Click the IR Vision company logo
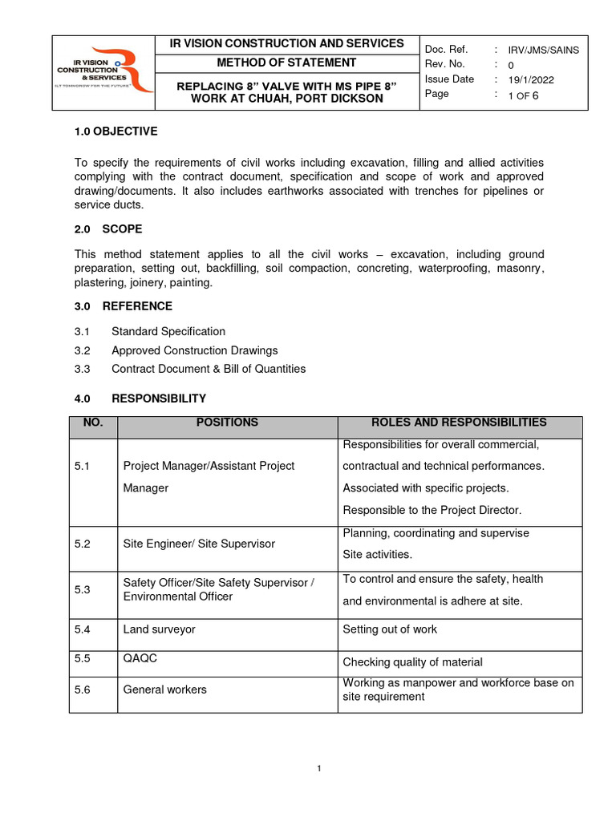pyautogui.click(x=103, y=71)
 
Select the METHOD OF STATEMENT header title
pyautogui.click(x=286, y=63)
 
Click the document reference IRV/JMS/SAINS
pyautogui.click(x=543, y=50)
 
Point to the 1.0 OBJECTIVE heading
pyautogui.click(x=115, y=131)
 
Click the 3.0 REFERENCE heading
pyautogui.click(x=123, y=306)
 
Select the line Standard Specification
pyautogui.click(x=168, y=331)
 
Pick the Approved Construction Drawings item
pyautogui.click(x=195, y=350)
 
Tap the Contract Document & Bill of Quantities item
pyautogui.click(x=209, y=369)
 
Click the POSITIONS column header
pyautogui.click(x=227, y=423)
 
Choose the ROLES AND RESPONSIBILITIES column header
pyautogui.click(x=459, y=423)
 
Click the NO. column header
pyautogui.click(x=93, y=423)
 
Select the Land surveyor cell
pyautogui.click(x=159, y=630)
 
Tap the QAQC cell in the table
pyautogui.click(x=139, y=658)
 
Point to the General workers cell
pyautogui.click(x=164, y=690)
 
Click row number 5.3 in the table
pyautogui.click(x=83, y=589)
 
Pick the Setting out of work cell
pyautogui.click(x=390, y=629)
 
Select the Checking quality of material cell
pyautogui.click(x=412, y=662)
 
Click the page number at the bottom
pyautogui.click(x=319, y=769)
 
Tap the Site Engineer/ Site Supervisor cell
pyautogui.click(x=199, y=544)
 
